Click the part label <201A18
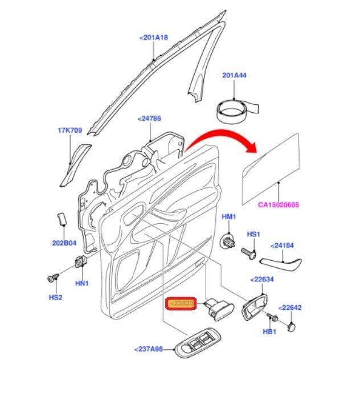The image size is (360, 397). (x=154, y=38)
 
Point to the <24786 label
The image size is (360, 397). (x=149, y=119)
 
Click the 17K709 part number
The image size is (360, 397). (x=69, y=130)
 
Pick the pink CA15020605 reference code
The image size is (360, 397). (x=279, y=205)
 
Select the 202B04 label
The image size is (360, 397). (x=64, y=243)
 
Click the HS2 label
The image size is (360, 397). (x=55, y=297)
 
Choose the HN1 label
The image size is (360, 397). (x=82, y=283)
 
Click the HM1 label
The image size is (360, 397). (x=228, y=218)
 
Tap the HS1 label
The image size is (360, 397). (x=253, y=234)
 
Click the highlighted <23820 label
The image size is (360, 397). (x=181, y=305)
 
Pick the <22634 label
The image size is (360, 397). (x=263, y=280)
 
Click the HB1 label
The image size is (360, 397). (x=269, y=331)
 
